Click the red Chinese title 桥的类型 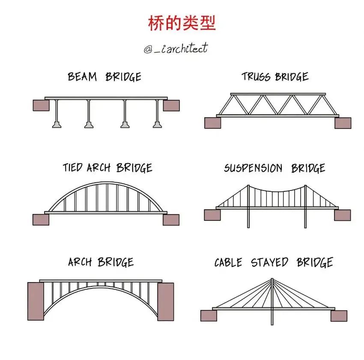pos(182,23)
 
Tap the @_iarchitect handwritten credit pos(176,48)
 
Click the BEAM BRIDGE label pos(104,77)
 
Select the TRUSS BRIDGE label pos(275,77)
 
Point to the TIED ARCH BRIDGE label pos(107,167)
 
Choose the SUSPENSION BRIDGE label pos(274,168)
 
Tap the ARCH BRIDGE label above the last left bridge pos(101,262)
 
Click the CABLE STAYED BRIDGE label pos(273,262)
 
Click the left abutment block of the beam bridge pos(41,105)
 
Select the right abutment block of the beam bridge pos(171,105)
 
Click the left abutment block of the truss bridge pos(212,123)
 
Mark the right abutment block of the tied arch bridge pos(171,220)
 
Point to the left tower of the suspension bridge pos(248,205)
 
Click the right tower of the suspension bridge pos(305,205)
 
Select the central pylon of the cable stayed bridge pos(272,300)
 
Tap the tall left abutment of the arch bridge pos(36,301)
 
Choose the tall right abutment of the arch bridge pos(166,301)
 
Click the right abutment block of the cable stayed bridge pos(339,316)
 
